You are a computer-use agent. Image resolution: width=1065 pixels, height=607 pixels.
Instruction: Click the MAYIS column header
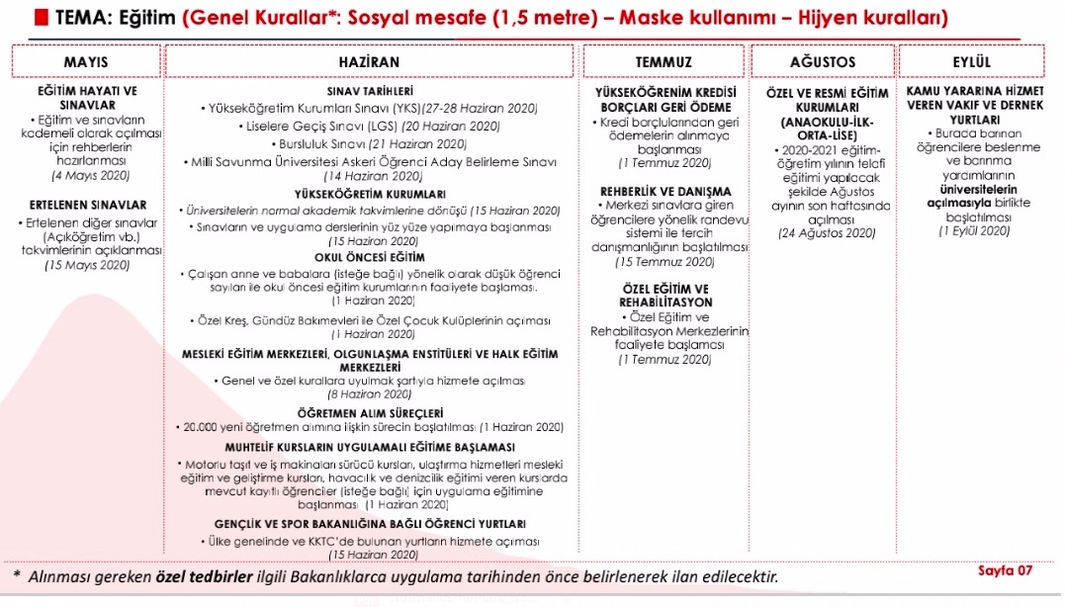click(x=85, y=61)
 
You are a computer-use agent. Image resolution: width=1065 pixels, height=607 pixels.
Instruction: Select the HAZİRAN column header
click(x=369, y=61)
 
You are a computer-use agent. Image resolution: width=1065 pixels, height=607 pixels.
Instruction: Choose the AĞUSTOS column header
click(x=823, y=61)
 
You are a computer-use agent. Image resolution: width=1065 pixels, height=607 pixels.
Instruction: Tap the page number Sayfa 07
click(x=1004, y=569)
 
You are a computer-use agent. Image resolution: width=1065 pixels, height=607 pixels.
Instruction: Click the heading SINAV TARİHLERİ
click(x=369, y=90)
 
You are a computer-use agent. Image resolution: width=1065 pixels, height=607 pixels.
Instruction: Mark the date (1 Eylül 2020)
click(x=974, y=230)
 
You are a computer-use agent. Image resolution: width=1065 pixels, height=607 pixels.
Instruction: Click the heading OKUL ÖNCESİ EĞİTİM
click(x=369, y=255)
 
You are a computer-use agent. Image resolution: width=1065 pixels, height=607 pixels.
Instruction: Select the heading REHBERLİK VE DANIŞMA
click(x=665, y=191)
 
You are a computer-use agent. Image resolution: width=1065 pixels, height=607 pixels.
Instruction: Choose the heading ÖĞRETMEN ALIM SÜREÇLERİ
click(x=369, y=412)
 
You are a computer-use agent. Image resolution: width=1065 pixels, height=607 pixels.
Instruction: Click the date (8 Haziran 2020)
click(x=369, y=392)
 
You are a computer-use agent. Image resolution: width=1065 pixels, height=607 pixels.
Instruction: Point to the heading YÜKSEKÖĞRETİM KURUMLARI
click(x=369, y=194)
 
